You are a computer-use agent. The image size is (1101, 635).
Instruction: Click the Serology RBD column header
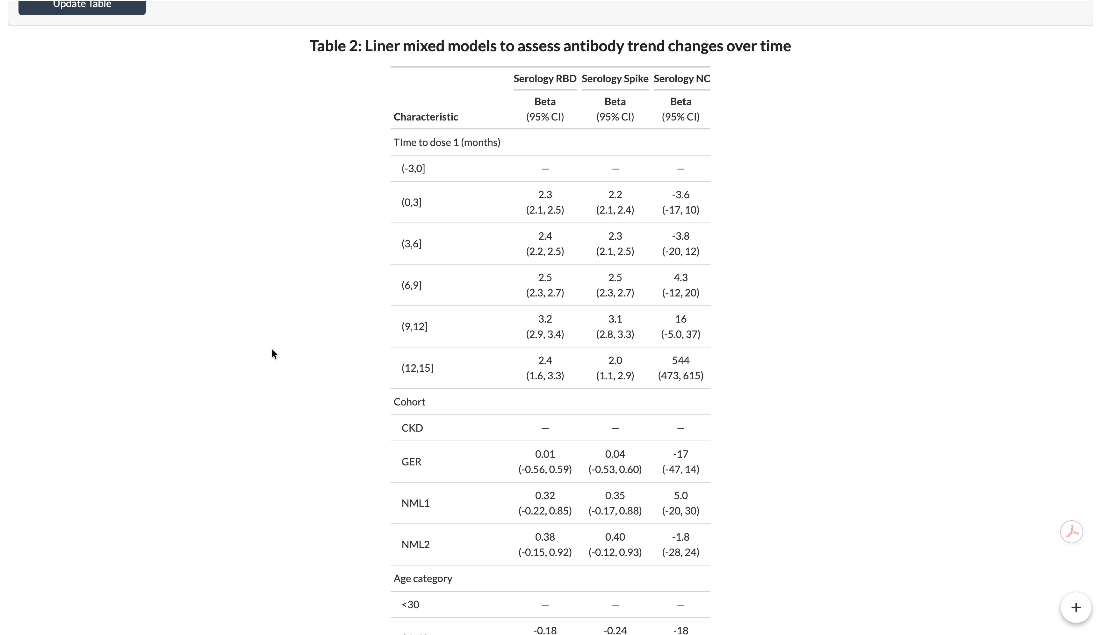545,78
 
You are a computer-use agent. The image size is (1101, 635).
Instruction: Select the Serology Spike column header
615,78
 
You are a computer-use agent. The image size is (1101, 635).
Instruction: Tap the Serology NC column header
682,78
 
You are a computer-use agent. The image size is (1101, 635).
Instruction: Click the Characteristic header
425,117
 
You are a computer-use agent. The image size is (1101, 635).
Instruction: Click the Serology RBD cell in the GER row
545,461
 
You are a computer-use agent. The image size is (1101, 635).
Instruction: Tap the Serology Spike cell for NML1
615,503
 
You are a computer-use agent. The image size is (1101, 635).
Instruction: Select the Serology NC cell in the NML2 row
680,544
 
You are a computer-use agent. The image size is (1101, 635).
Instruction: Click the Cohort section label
409,402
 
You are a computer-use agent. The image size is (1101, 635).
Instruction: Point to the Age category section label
423,578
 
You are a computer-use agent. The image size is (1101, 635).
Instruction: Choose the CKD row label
412,428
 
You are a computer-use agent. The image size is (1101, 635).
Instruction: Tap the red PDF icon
1071,532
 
